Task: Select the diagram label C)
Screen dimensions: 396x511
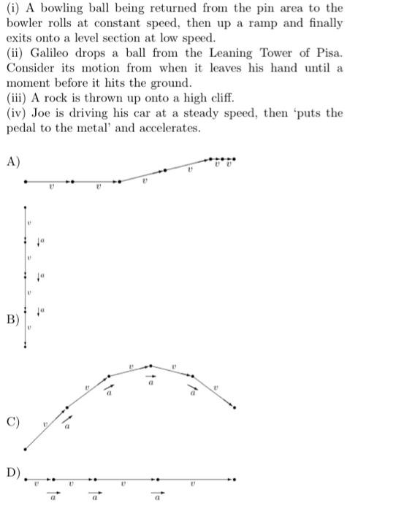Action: (12, 423)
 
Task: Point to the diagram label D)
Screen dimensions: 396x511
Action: (13, 472)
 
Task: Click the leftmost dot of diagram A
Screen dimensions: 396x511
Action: (26, 181)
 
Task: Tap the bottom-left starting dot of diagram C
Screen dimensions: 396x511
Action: (26, 448)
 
